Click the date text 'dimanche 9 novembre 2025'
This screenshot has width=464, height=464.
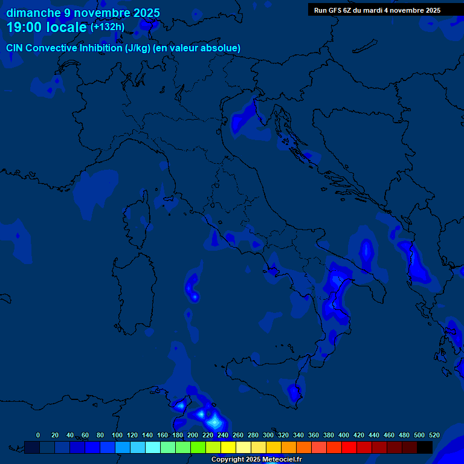(x=83, y=13)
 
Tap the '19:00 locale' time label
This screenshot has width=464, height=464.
(x=47, y=27)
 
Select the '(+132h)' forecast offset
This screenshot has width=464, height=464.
(x=108, y=27)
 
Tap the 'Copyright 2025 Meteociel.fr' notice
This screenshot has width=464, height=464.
(x=256, y=460)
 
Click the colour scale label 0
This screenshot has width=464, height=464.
(x=38, y=435)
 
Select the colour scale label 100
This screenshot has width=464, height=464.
(x=117, y=435)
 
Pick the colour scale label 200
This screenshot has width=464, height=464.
(x=193, y=435)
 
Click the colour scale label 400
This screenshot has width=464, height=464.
(x=344, y=435)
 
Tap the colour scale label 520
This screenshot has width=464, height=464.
(x=434, y=435)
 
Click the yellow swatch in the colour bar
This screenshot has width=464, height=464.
(x=228, y=447)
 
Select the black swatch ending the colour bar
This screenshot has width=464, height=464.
(x=425, y=447)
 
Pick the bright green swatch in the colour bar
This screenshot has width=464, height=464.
(x=198, y=447)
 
